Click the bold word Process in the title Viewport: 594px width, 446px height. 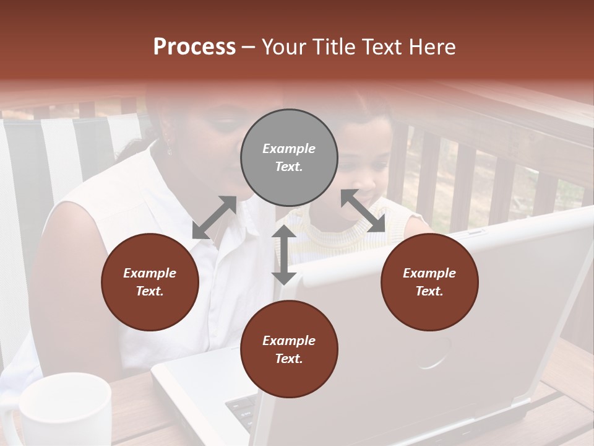pos(194,47)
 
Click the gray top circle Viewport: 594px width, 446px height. pos(289,158)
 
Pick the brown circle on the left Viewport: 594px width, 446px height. pos(150,282)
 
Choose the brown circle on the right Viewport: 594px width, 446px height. pos(429,282)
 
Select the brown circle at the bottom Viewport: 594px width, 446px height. pos(289,349)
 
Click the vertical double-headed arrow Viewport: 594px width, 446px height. pos(284,255)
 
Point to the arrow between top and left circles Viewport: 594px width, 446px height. pos(214,217)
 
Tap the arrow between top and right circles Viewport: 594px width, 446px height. pos(363,211)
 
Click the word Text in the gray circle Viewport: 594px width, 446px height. pos(288,167)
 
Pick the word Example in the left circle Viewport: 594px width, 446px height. pos(150,273)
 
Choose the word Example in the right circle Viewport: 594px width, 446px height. pos(429,273)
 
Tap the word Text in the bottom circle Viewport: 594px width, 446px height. pos(288,359)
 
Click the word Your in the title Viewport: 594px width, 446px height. pos(285,47)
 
